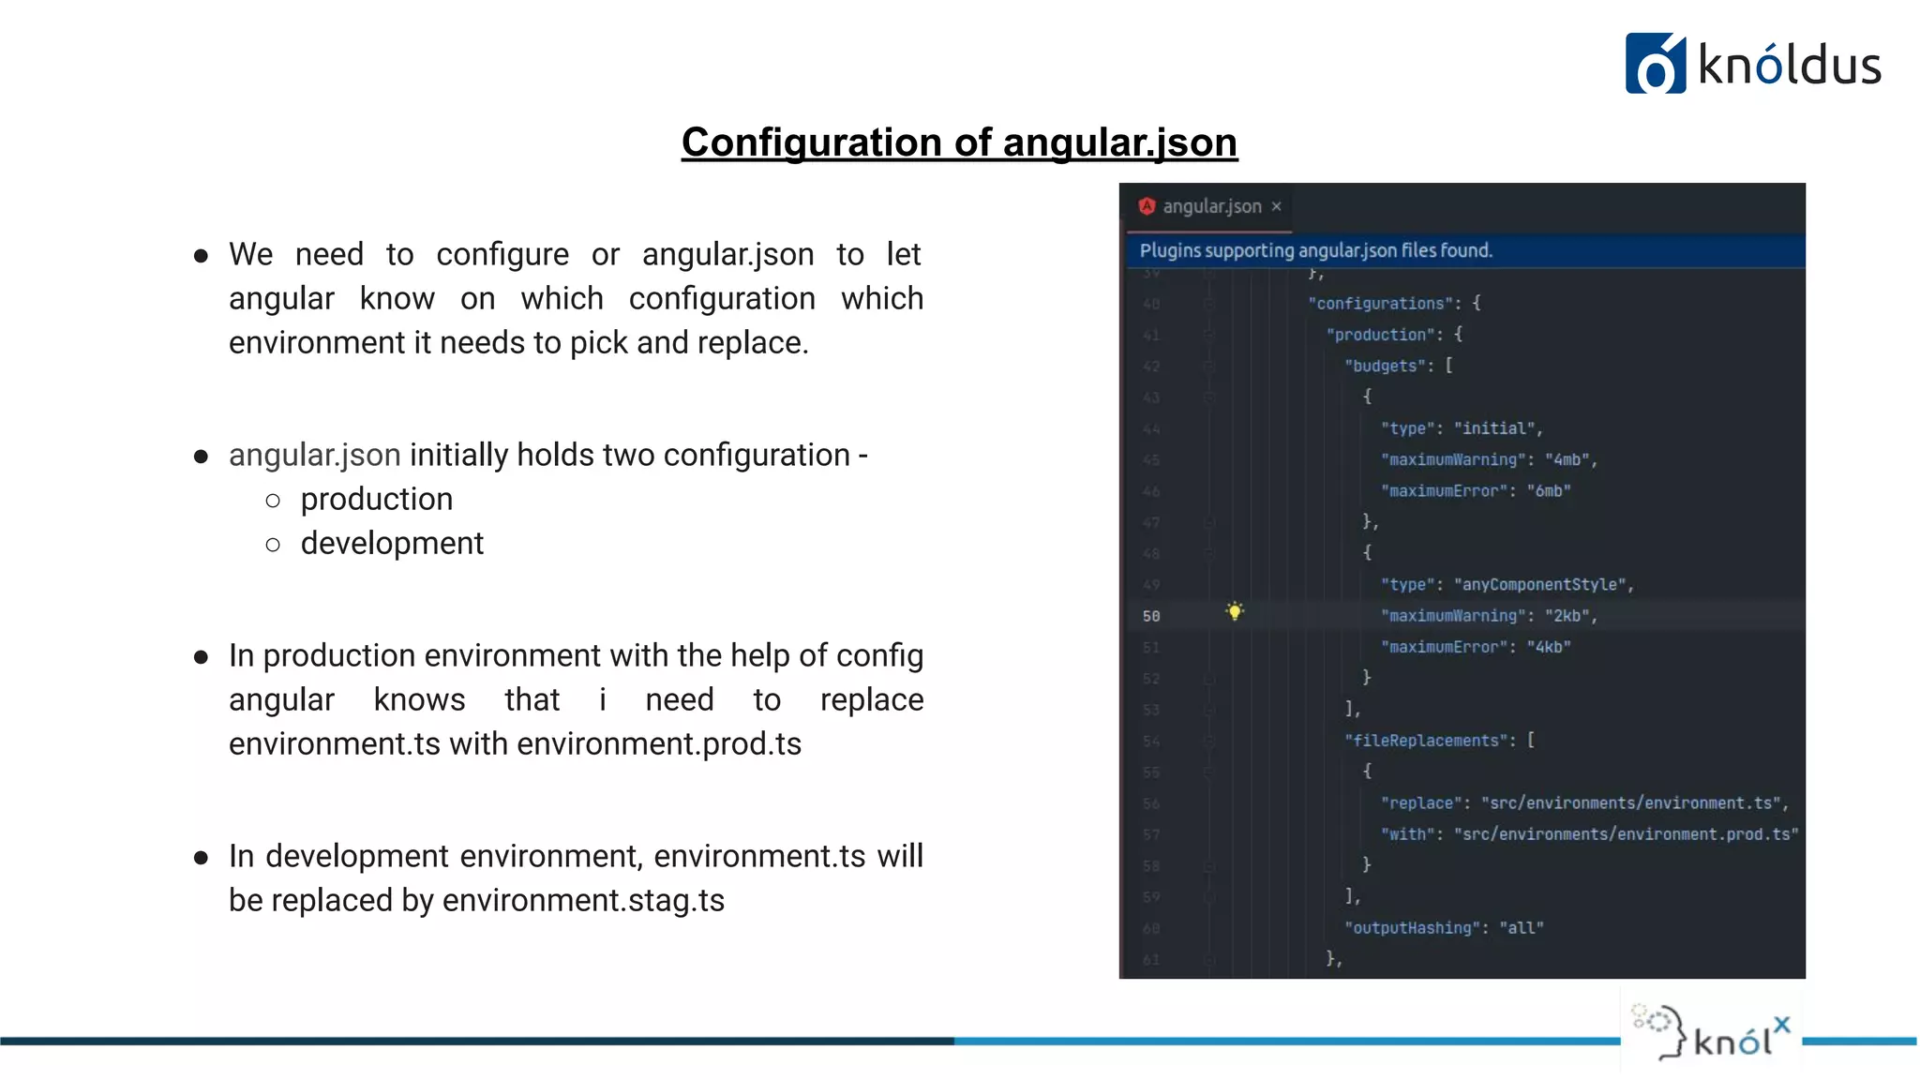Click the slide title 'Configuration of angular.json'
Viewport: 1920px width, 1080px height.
point(959,142)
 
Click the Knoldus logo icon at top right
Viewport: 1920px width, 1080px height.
point(1655,64)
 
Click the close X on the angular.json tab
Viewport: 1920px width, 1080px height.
point(1276,206)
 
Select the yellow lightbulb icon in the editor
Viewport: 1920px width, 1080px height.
point(1235,612)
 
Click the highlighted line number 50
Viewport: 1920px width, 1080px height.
point(1151,616)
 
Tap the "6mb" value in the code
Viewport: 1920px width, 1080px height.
point(1549,491)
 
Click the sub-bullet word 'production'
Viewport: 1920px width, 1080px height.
point(377,500)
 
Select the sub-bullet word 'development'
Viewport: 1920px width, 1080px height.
point(392,544)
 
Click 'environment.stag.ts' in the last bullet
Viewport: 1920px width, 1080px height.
point(583,901)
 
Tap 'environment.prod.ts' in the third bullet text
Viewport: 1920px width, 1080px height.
point(658,744)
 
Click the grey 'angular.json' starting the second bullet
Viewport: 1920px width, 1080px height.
point(315,456)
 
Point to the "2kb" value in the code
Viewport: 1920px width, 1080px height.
point(1567,616)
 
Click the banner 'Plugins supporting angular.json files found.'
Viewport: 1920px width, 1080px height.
point(1315,251)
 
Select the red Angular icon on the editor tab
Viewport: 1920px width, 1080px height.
point(1147,206)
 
